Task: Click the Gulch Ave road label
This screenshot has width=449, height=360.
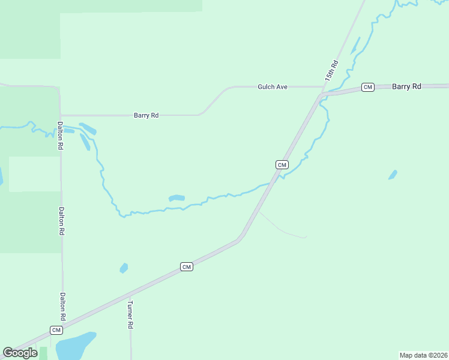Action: (x=273, y=87)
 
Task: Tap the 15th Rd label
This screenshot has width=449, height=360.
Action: (x=332, y=71)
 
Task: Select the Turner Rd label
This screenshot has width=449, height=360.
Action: (x=130, y=315)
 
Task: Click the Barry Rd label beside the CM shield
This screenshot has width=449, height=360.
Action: (x=406, y=86)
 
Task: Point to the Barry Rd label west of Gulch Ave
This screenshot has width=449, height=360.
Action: (x=146, y=115)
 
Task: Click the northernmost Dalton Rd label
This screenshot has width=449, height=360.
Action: (x=60, y=136)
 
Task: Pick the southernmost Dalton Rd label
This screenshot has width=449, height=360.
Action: (x=62, y=306)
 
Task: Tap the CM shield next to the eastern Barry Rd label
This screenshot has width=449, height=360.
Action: (x=368, y=88)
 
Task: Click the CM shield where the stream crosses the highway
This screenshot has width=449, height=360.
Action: (x=282, y=164)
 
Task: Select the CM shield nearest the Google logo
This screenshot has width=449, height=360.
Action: (x=56, y=330)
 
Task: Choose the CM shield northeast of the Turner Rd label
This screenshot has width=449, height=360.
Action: (x=187, y=266)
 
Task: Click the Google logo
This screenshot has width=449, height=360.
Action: (x=20, y=353)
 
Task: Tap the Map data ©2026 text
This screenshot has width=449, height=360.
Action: (x=423, y=355)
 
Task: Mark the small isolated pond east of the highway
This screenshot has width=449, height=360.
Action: (x=393, y=175)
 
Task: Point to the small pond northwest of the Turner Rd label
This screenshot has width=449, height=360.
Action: (x=124, y=268)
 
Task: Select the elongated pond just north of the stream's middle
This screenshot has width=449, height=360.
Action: (x=176, y=198)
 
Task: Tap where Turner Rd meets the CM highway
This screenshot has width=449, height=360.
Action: (x=130, y=295)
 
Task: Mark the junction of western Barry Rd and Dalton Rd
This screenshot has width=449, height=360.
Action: (x=61, y=115)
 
